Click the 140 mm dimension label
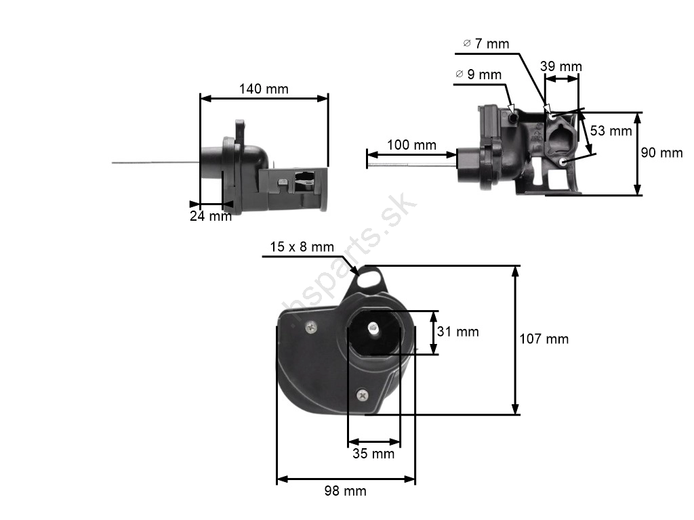264,89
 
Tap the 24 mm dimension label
211,216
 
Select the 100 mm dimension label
411,145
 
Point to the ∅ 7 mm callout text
486,44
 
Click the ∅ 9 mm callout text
478,74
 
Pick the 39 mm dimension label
560,66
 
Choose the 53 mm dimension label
611,131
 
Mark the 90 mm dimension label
661,153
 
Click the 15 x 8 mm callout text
302,246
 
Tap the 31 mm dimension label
457,332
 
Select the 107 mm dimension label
544,339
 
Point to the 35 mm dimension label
373,453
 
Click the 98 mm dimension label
345,491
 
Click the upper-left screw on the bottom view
312,327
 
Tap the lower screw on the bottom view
363,395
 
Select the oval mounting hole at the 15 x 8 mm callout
368,279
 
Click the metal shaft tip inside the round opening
373,327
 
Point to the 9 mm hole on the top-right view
514,118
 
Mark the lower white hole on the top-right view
563,162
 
